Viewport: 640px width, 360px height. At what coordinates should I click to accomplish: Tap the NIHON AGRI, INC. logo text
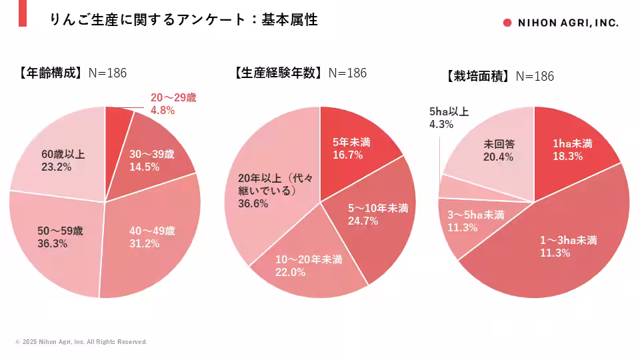point(566,23)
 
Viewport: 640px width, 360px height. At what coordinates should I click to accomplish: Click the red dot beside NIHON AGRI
point(507,23)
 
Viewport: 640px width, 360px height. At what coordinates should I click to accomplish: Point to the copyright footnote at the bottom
point(81,342)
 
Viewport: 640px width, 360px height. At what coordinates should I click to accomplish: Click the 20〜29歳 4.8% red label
point(173,104)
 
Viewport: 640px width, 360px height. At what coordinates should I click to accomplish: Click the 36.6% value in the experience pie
point(253,204)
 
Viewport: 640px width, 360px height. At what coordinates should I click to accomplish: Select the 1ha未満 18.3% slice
point(567,149)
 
